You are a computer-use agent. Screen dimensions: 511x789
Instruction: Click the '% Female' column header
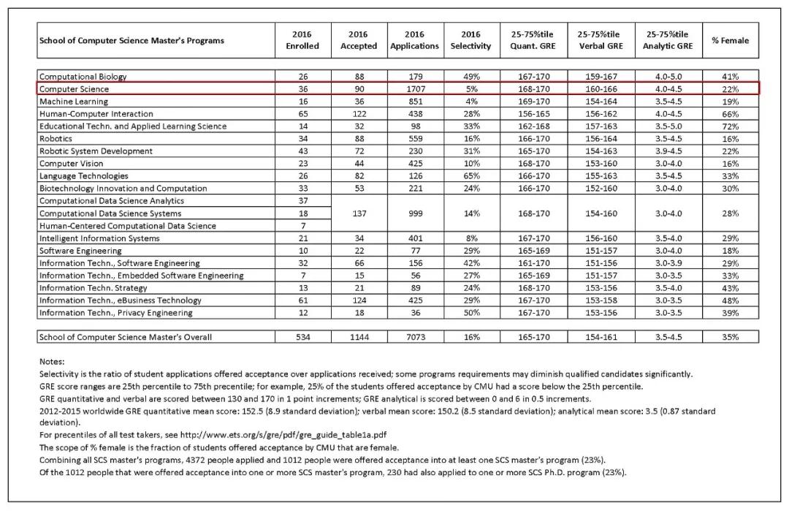[730, 40]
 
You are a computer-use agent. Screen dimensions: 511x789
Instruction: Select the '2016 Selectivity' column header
[471, 40]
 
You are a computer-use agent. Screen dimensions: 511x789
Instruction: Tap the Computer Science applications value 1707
[414, 89]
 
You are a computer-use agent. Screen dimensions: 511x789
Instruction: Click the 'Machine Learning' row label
[73, 102]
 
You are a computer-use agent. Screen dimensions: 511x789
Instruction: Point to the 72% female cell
[730, 126]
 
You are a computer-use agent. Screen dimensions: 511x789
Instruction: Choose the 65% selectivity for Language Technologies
[471, 176]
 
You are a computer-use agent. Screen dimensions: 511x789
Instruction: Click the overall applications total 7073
[414, 337]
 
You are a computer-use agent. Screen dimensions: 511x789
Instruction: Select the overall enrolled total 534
[302, 337]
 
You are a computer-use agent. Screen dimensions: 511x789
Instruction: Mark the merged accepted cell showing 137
[358, 213]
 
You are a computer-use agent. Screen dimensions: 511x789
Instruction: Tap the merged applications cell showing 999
[414, 213]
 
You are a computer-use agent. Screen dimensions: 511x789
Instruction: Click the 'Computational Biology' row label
[83, 77]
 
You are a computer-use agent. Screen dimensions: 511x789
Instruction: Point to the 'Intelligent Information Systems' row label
[99, 238]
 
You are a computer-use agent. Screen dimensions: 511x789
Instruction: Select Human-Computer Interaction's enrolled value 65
[302, 114]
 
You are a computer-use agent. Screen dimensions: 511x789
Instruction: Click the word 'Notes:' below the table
[52, 361]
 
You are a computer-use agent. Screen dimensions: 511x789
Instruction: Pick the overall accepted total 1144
[358, 337]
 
